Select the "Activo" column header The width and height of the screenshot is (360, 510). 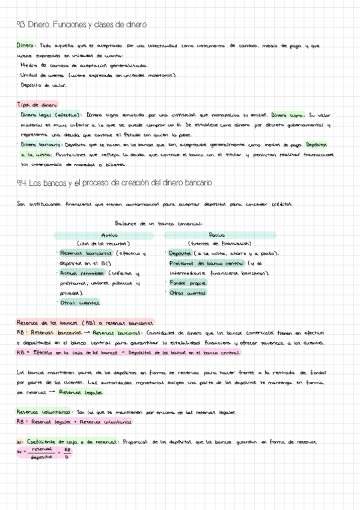110,235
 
